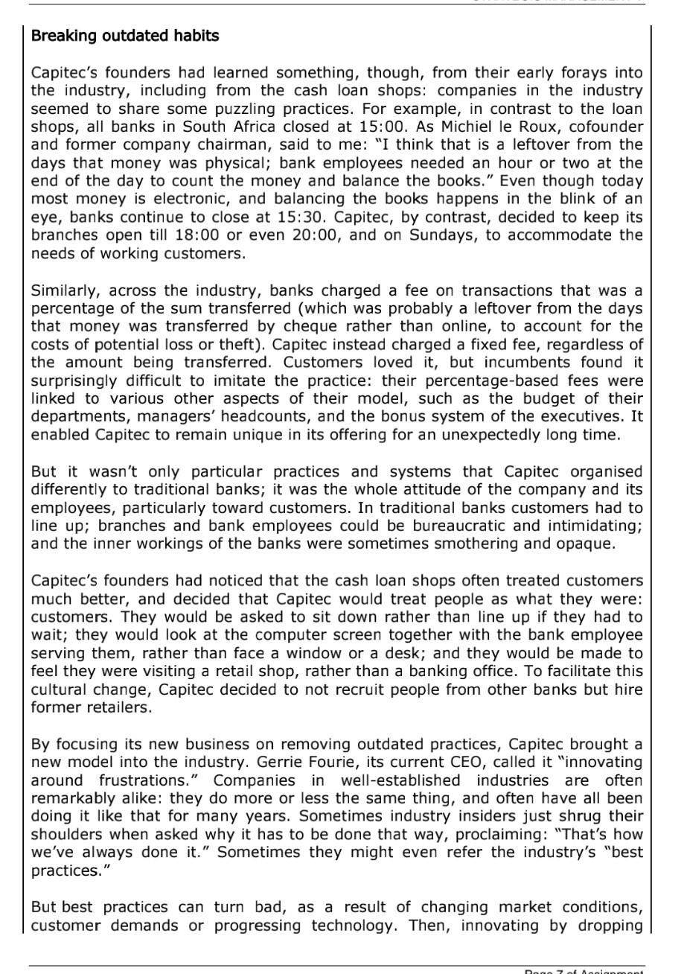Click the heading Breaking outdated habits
125,36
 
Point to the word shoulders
63,834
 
